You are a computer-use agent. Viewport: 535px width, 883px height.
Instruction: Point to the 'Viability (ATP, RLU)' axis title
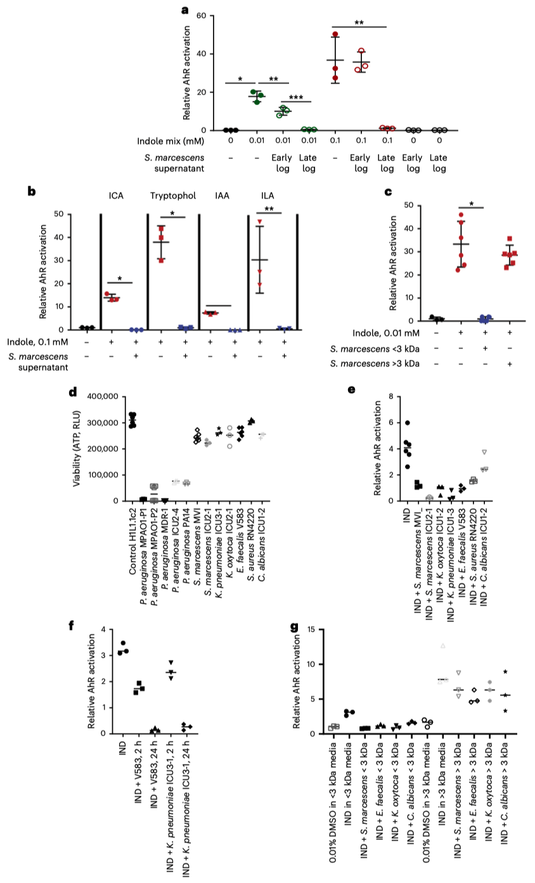pos(79,448)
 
